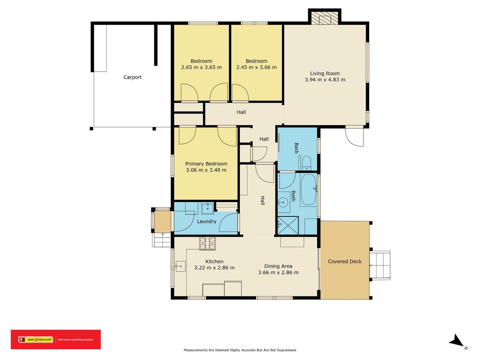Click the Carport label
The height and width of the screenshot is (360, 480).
coord(132,77)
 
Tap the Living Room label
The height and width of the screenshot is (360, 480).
coord(325,73)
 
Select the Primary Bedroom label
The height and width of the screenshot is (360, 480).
coord(206,164)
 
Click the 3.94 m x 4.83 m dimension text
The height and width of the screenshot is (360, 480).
coord(325,80)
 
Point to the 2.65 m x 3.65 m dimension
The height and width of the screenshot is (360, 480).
coord(202,67)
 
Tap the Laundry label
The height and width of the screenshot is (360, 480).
coord(206,221)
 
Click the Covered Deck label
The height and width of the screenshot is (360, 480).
coord(345,261)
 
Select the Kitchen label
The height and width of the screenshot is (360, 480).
coord(214,261)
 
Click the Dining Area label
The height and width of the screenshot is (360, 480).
coord(278,266)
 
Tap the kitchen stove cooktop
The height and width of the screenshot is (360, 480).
coord(207,243)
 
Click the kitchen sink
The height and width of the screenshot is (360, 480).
coord(180,266)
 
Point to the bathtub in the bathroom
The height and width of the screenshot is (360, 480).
coord(308,190)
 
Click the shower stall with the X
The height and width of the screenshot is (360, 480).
coord(288,225)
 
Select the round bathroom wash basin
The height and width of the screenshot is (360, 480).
coord(283,202)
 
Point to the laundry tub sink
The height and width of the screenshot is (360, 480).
coord(208,208)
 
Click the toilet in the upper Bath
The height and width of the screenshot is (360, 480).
coord(306,163)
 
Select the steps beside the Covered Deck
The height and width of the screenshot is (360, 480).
coord(380,265)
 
